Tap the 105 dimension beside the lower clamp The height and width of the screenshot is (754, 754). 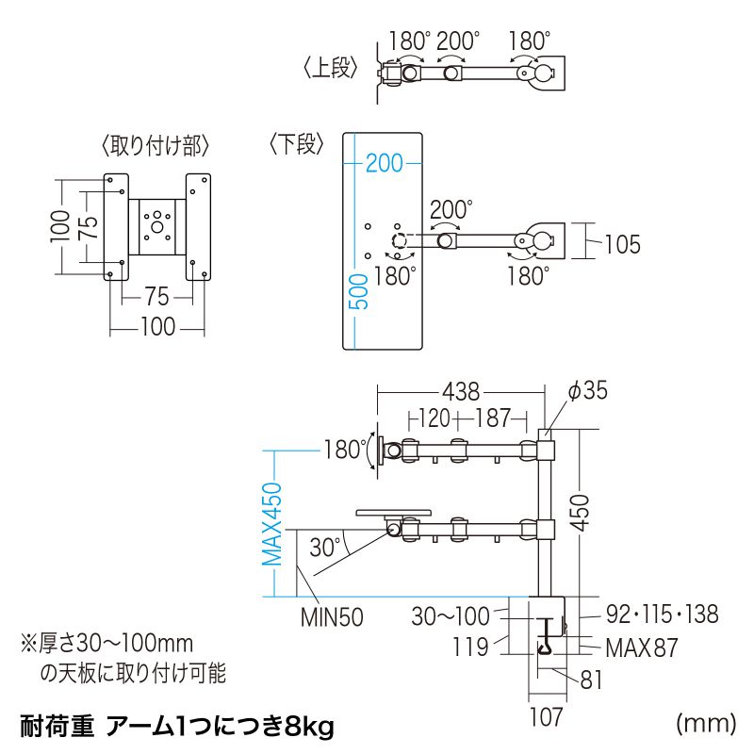[621, 245]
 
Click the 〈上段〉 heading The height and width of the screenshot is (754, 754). [331, 70]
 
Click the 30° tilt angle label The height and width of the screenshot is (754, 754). [323, 547]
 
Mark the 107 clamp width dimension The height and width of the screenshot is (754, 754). [546, 716]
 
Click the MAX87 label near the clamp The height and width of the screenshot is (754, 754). [641, 648]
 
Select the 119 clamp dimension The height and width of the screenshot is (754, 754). [468, 647]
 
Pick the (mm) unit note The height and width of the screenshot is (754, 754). [705, 723]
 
